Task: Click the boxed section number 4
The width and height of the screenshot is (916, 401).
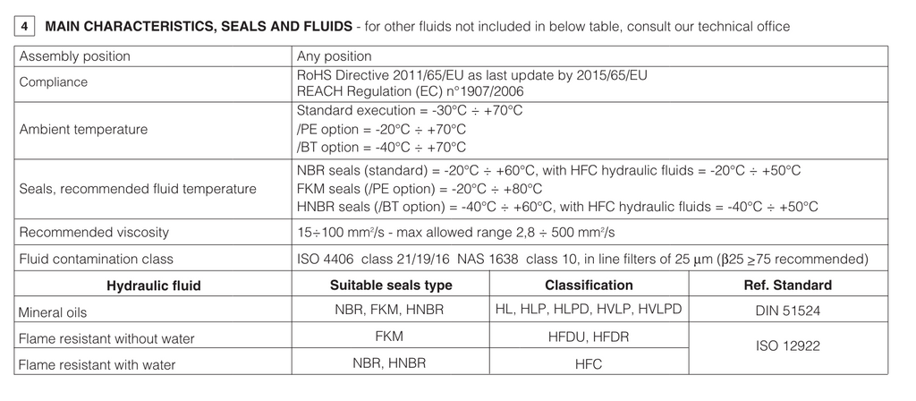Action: click(24, 27)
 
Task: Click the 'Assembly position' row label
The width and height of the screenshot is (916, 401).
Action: click(75, 56)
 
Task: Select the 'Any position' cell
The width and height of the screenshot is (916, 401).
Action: click(334, 56)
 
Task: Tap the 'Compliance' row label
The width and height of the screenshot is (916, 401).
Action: click(54, 82)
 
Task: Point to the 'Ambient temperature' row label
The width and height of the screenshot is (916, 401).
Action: click(84, 129)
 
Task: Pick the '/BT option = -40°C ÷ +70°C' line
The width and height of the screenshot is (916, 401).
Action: click(380, 147)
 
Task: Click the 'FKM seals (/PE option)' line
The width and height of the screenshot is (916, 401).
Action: click(419, 189)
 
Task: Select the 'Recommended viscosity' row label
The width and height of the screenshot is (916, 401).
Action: click(94, 233)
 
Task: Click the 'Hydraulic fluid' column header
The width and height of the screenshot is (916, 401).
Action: click(154, 286)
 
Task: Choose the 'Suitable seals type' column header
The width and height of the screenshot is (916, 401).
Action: click(391, 286)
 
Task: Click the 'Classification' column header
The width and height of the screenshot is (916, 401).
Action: click(589, 286)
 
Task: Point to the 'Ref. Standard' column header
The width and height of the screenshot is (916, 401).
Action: click(787, 286)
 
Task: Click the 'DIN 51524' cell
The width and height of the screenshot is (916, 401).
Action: click(787, 311)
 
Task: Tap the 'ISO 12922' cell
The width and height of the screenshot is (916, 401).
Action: click(787, 345)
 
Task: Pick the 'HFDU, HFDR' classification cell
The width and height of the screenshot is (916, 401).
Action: click(589, 337)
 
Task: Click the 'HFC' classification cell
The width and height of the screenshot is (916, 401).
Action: click(589, 364)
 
